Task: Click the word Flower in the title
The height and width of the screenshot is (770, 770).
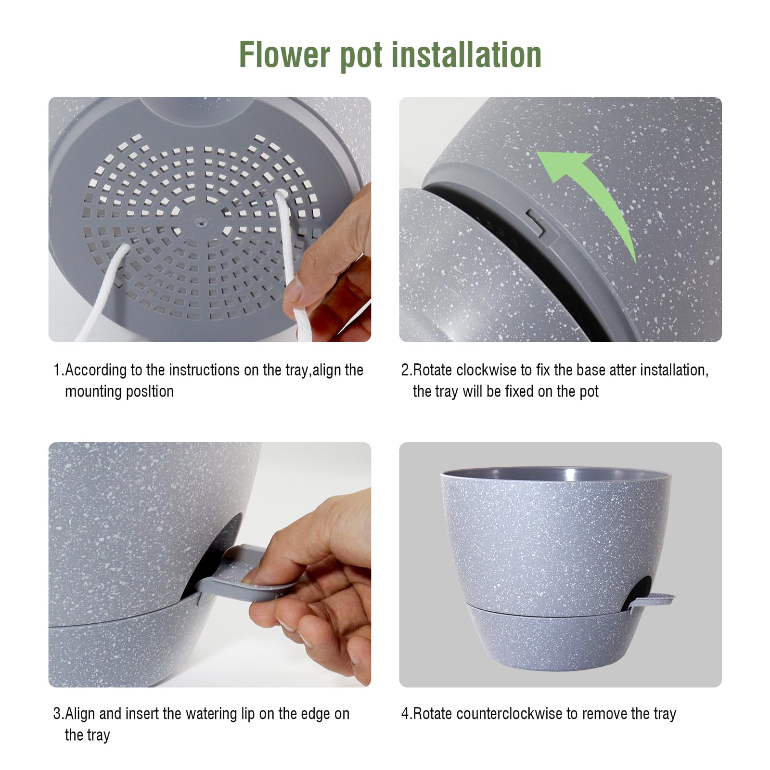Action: [285, 54]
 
